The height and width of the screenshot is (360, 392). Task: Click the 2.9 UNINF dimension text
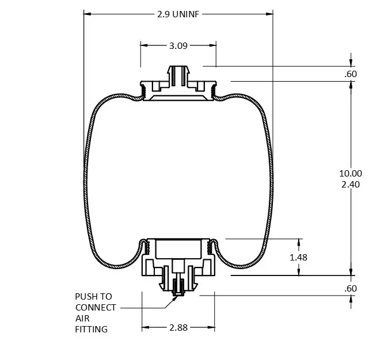pos(178,13)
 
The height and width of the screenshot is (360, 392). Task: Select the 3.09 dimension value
pos(178,45)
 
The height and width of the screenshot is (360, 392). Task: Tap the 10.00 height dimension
pos(351,173)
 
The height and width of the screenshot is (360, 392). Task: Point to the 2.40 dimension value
pos(351,185)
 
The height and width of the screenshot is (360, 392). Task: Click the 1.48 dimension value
pos(298,257)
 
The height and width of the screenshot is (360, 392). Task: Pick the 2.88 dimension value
pos(178,327)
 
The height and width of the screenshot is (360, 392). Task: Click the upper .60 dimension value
pos(351,74)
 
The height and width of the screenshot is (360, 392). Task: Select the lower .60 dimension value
pos(351,288)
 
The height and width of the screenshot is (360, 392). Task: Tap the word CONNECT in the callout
pos(96,308)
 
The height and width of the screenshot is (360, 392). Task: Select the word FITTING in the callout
pos(92,330)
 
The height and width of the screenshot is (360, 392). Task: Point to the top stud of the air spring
pos(178,75)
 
